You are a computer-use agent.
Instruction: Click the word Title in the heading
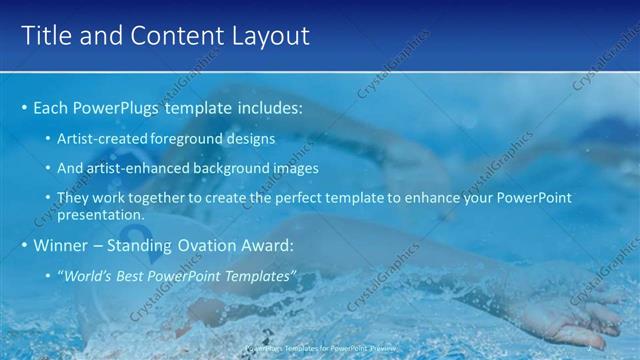tap(44, 36)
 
